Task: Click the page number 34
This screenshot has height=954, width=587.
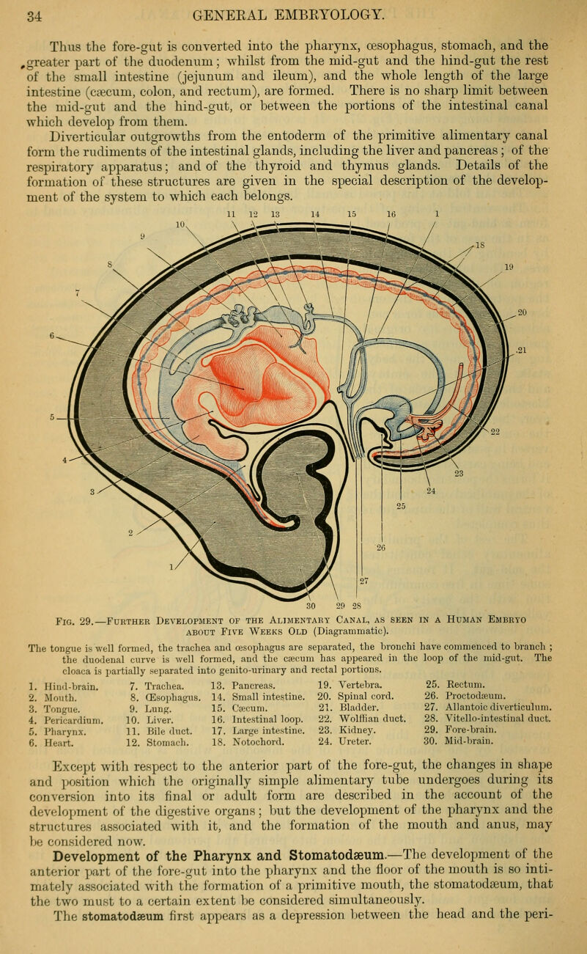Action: tap(34, 17)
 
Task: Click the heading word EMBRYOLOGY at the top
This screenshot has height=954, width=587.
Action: tap(331, 15)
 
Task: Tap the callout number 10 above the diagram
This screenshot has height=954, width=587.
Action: tap(180, 224)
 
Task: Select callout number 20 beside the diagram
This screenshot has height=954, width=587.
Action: tap(522, 312)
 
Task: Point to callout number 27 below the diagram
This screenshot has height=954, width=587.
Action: tap(364, 581)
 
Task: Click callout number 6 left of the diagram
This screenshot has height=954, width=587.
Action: tap(52, 336)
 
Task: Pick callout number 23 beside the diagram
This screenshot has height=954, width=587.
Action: tap(459, 473)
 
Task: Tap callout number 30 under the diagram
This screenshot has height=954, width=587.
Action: tap(311, 606)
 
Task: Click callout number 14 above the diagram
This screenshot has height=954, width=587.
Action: tap(315, 214)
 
